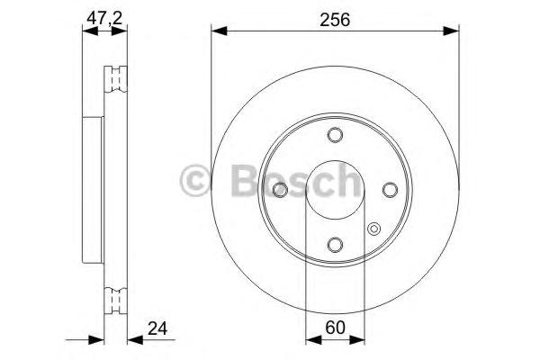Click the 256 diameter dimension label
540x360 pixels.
(x=334, y=18)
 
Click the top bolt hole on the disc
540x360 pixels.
(x=335, y=135)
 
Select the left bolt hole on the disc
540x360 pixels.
(x=280, y=189)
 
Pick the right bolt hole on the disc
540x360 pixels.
(x=390, y=189)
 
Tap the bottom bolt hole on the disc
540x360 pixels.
(x=335, y=244)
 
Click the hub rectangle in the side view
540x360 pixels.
(x=93, y=189)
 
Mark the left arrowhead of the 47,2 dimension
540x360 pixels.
(x=87, y=31)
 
